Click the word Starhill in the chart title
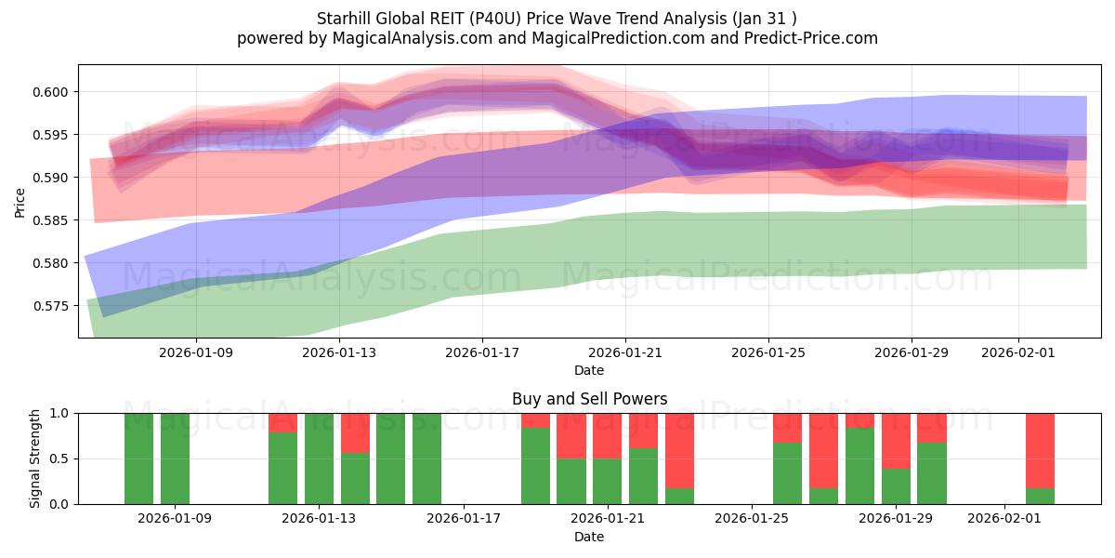pyautogui.click(x=346, y=19)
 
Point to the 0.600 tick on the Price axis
pyautogui.click(x=53, y=92)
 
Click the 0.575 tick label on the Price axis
pyautogui.click(x=53, y=306)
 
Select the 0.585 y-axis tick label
pyautogui.click(x=53, y=220)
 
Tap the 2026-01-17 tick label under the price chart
pyautogui.click(x=481, y=353)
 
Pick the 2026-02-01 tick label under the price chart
pyautogui.click(x=1018, y=353)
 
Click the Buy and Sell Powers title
pyautogui.click(x=589, y=399)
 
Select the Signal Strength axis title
pyautogui.click(x=34, y=458)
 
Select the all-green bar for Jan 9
pyautogui.click(x=175, y=458)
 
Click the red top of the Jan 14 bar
pyautogui.click(x=355, y=432)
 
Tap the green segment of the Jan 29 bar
pyautogui.click(x=896, y=486)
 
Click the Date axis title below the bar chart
pyautogui.click(x=589, y=537)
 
